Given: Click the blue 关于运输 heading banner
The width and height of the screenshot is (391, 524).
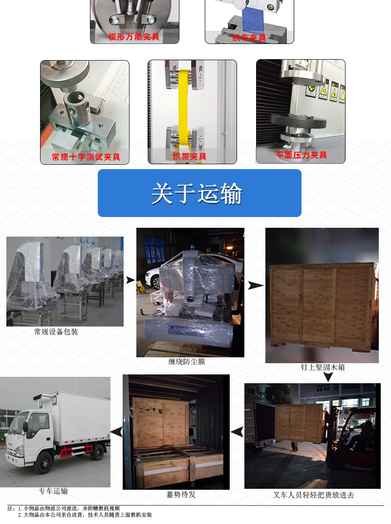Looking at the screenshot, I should [199, 193].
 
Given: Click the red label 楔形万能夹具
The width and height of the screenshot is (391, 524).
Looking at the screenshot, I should [134, 37].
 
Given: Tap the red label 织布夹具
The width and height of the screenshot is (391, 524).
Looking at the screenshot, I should [249, 38].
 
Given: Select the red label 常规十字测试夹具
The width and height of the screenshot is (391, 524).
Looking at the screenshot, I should [86, 157].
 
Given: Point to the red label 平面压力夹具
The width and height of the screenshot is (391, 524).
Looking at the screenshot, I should [301, 155].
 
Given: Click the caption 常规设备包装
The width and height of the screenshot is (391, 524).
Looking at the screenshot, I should [56, 332].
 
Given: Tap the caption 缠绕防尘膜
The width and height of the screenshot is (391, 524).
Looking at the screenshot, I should [187, 362].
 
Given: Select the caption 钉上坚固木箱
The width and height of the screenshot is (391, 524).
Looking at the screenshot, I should [323, 367].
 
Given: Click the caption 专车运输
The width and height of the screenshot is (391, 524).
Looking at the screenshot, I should [53, 491].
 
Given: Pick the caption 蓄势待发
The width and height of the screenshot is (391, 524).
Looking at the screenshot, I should [181, 495].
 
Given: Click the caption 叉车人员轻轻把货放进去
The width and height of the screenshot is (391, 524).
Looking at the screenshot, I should [313, 495].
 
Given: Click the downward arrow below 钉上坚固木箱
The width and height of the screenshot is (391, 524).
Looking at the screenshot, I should [328, 377].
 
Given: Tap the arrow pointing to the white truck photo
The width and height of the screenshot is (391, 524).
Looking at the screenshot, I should [116, 432].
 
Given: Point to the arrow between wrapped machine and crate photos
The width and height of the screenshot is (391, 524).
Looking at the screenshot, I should [255, 285].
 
